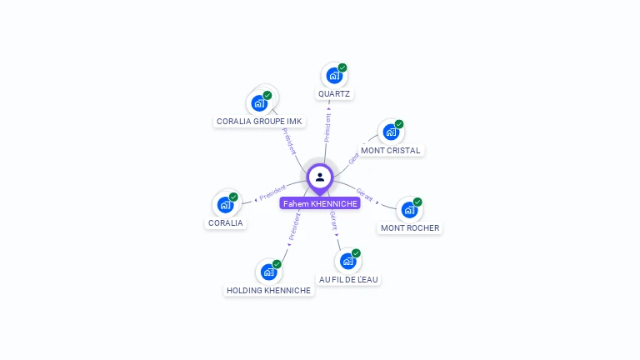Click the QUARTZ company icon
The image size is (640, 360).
(334, 76)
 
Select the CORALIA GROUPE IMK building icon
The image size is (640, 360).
(259, 103)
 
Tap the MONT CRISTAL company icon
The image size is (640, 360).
(391, 132)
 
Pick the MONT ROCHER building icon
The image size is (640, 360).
(409, 209)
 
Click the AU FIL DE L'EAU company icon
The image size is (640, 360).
(347, 261)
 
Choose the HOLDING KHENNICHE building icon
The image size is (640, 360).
(268, 272)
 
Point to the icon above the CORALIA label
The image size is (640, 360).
(225, 204)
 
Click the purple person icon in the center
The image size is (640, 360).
(320, 177)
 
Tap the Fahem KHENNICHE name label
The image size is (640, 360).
(320, 203)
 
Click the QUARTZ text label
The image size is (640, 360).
(334, 94)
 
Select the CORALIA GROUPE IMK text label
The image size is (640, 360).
(260, 122)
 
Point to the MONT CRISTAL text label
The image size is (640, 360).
(391, 151)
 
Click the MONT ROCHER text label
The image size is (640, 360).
(410, 228)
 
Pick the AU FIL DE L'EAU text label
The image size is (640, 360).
(348, 280)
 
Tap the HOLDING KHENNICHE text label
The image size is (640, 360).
(268, 291)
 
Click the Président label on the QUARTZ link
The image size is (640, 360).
(327, 127)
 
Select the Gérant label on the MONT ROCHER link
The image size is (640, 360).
(364, 195)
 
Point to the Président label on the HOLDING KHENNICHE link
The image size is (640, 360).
(294, 226)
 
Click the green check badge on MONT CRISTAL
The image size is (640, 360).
(399, 124)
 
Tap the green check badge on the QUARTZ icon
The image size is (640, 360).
(342, 67)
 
